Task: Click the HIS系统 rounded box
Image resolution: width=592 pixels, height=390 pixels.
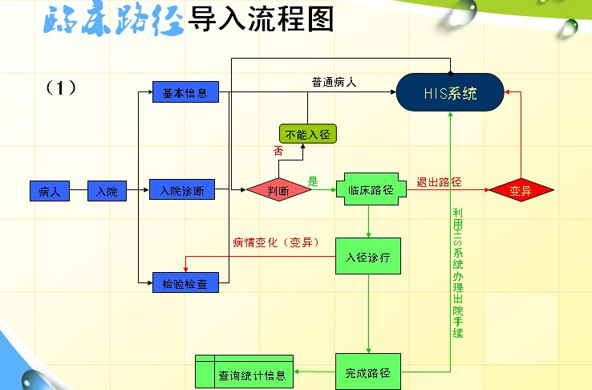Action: (x=450, y=92)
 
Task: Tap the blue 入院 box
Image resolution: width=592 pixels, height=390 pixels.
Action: (x=107, y=191)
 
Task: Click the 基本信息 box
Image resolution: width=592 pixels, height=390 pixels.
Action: (x=185, y=92)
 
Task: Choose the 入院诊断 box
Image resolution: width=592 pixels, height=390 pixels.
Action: (x=182, y=190)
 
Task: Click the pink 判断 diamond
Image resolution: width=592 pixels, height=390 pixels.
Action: (x=278, y=189)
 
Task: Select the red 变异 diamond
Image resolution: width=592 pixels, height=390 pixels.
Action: (x=521, y=190)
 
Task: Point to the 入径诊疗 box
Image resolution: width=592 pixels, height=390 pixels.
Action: (x=367, y=257)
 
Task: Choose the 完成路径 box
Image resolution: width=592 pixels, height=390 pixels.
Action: (x=367, y=372)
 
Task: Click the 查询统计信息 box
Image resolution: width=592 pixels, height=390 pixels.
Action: (x=245, y=374)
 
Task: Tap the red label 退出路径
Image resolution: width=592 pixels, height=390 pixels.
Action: (x=440, y=181)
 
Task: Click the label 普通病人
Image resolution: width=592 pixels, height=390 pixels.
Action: (x=335, y=83)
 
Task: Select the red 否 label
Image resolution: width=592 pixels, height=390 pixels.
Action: (x=278, y=151)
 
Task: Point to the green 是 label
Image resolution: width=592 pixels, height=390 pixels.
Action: (x=314, y=181)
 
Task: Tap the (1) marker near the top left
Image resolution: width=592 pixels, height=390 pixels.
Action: (x=61, y=87)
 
